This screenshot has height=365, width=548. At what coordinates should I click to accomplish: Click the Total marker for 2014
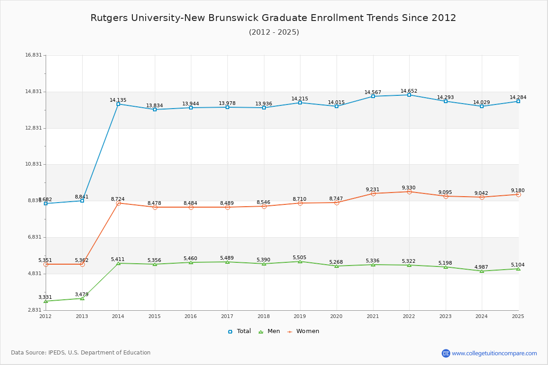click(x=118, y=104)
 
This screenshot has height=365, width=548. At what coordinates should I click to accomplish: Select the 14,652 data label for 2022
click(x=409, y=91)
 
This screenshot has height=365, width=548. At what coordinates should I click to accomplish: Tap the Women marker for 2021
click(x=373, y=193)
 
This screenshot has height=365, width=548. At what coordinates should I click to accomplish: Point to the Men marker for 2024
click(x=482, y=271)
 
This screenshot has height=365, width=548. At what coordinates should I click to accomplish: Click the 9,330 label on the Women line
click(x=409, y=188)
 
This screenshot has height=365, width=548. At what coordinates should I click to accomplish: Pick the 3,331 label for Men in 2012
click(x=45, y=297)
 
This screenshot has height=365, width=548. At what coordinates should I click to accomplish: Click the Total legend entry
click(x=239, y=331)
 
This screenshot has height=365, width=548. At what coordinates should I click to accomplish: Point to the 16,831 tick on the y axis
click(x=33, y=55)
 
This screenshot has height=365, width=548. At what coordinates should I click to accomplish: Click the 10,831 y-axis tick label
click(x=33, y=164)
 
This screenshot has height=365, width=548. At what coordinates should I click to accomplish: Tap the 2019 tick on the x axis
click(x=300, y=316)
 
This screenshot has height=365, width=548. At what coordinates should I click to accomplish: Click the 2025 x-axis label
click(x=518, y=316)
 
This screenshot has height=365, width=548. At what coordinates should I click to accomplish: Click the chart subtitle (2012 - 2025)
click(x=274, y=32)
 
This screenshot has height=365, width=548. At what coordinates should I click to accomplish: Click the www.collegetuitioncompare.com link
click(x=494, y=353)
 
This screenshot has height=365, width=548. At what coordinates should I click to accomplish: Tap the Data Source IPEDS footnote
click(x=81, y=353)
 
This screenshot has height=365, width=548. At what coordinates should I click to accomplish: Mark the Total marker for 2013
click(x=82, y=201)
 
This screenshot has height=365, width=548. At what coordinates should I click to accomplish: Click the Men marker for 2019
click(x=300, y=261)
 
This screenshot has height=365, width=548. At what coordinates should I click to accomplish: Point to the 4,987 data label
click(x=482, y=267)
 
